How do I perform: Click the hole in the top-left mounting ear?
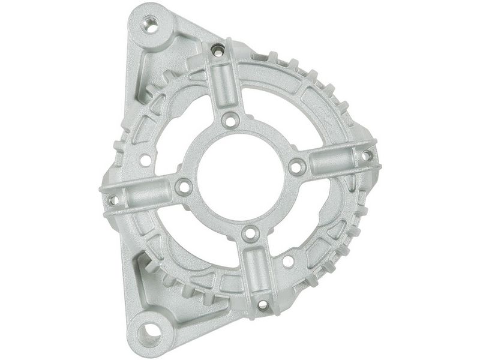[x=151, y=25]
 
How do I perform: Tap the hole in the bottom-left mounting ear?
[x=151, y=329]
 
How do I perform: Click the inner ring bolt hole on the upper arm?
[x=230, y=120]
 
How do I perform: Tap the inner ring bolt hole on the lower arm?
[x=249, y=232]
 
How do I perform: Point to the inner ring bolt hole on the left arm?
[x=184, y=187]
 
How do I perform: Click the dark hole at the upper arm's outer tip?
[x=219, y=51]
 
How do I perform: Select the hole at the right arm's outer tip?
[x=366, y=155]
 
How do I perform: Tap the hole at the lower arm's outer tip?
[x=263, y=304]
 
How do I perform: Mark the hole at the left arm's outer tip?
[x=112, y=200]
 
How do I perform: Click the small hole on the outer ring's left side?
[x=145, y=160]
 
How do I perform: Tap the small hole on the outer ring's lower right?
[x=288, y=262]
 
